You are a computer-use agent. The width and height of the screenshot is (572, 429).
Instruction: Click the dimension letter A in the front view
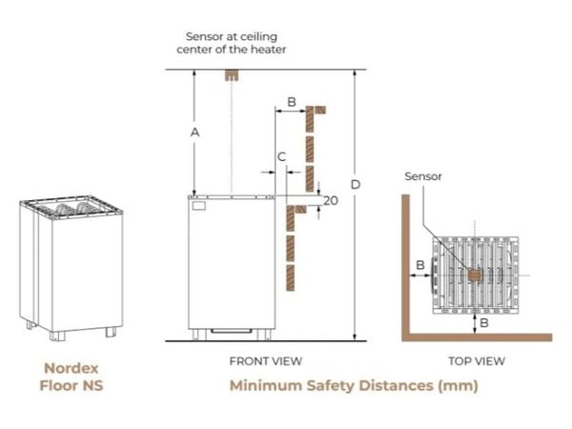click(x=194, y=133)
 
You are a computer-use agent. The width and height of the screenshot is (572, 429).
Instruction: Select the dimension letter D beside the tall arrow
click(x=356, y=185)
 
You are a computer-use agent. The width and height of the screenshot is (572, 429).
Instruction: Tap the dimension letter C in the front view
click(x=281, y=157)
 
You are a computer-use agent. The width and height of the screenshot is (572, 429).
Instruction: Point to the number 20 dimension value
click(x=331, y=200)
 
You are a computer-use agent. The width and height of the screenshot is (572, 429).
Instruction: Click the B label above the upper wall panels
click(x=292, y=102)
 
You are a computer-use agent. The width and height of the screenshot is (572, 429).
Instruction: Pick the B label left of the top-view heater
click(x=420, y=265)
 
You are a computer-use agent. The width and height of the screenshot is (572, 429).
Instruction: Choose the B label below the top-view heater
click(x=484, y=322)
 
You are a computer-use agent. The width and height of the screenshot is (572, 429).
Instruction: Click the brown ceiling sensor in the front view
click(x=232, y=74)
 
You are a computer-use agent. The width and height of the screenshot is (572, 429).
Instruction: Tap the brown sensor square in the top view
click(x=475, y=276)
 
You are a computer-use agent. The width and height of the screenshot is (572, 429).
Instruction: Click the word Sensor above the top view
click(x=422, y=176)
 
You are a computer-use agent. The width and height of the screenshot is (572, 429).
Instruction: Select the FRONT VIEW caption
click(x=266, y=361)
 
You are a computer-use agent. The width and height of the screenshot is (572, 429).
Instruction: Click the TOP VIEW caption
click(x=477, y=361)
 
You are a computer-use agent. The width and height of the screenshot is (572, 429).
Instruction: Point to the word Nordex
click(x=71, y=368)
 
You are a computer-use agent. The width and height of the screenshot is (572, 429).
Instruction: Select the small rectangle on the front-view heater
click(x=199, y=205)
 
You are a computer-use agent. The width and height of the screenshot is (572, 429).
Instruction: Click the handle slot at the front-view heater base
click(x=232, y=331)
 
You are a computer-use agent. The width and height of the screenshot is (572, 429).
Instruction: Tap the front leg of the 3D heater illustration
click(x=57, y=336)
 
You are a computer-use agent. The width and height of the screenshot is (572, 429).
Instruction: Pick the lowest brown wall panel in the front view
click(x=291, y=277)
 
